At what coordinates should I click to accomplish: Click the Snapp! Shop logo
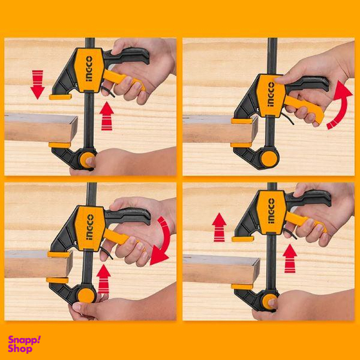[24, 344]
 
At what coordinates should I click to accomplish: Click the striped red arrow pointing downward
[37, 84]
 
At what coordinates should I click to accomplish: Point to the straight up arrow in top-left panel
[107, 116]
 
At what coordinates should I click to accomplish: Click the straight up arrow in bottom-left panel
[104, 279]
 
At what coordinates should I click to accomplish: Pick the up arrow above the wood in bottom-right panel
[219, 227]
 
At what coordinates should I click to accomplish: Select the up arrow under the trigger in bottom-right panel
[290, 257]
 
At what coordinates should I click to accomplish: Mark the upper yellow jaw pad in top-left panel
[61, 96]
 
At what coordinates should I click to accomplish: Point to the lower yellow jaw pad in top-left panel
[60, 145]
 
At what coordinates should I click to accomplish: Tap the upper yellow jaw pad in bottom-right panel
[242, 238]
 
